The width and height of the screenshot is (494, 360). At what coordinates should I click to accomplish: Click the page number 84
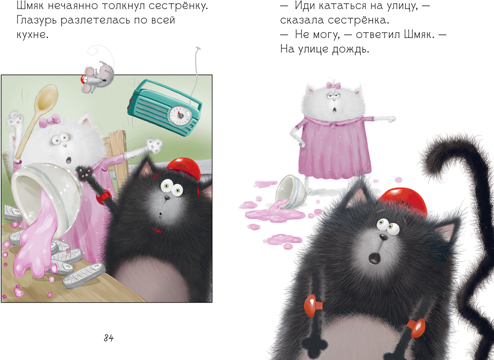pos(108,338)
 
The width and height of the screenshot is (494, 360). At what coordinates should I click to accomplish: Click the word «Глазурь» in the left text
pos(37,20)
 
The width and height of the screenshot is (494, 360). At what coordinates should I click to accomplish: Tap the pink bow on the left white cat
pos(50,121)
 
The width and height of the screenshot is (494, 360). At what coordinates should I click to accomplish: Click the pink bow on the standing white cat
pos(333,85)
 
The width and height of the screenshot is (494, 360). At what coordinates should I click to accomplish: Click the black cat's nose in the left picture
pos(166,197)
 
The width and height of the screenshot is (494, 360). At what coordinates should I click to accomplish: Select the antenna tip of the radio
pos(198,49)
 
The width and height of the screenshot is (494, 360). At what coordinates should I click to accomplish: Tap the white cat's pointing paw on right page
pos(388,119)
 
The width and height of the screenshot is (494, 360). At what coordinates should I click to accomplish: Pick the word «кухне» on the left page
pos(32,34)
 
